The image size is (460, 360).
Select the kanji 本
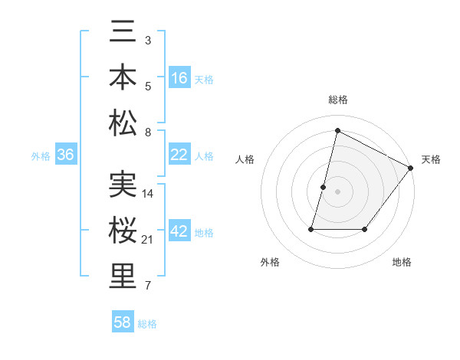point(123,79)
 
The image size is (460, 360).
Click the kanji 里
point(123,276)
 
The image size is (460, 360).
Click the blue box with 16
point(179,78)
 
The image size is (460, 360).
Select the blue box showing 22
point(179,155)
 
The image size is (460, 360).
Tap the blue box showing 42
point(179,231)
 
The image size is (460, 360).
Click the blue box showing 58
point(123,322)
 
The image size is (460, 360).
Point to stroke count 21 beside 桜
point(149,241)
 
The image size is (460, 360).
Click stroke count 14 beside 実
point(149,194)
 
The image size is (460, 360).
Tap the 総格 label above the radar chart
point(337,100)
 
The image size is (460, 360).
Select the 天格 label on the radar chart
point(431,159)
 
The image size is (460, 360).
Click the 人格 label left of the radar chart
point(245,159)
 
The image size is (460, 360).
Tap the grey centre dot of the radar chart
point(337,191)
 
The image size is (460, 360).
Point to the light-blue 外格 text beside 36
point(41,155)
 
